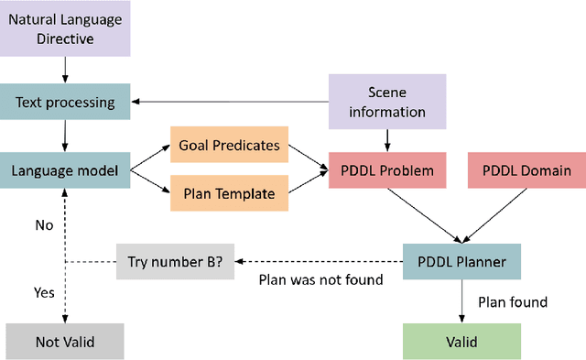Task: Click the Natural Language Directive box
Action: pyautogui.click(x=65, y=27)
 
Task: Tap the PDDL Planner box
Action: pyautogui.click(x=462, y=262)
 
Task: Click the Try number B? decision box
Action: pyautogui.click(x=174, y=262)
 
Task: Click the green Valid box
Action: pyautogui.click(x=462, y=341)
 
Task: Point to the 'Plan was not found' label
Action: pyautogui.click(x=320, y=280)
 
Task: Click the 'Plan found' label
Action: pyautogui.click(x=513, y=301)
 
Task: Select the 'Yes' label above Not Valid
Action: pyautogui.click(x=44, y=293)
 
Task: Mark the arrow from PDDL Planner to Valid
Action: pyautogui.click(x=462, y=302)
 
